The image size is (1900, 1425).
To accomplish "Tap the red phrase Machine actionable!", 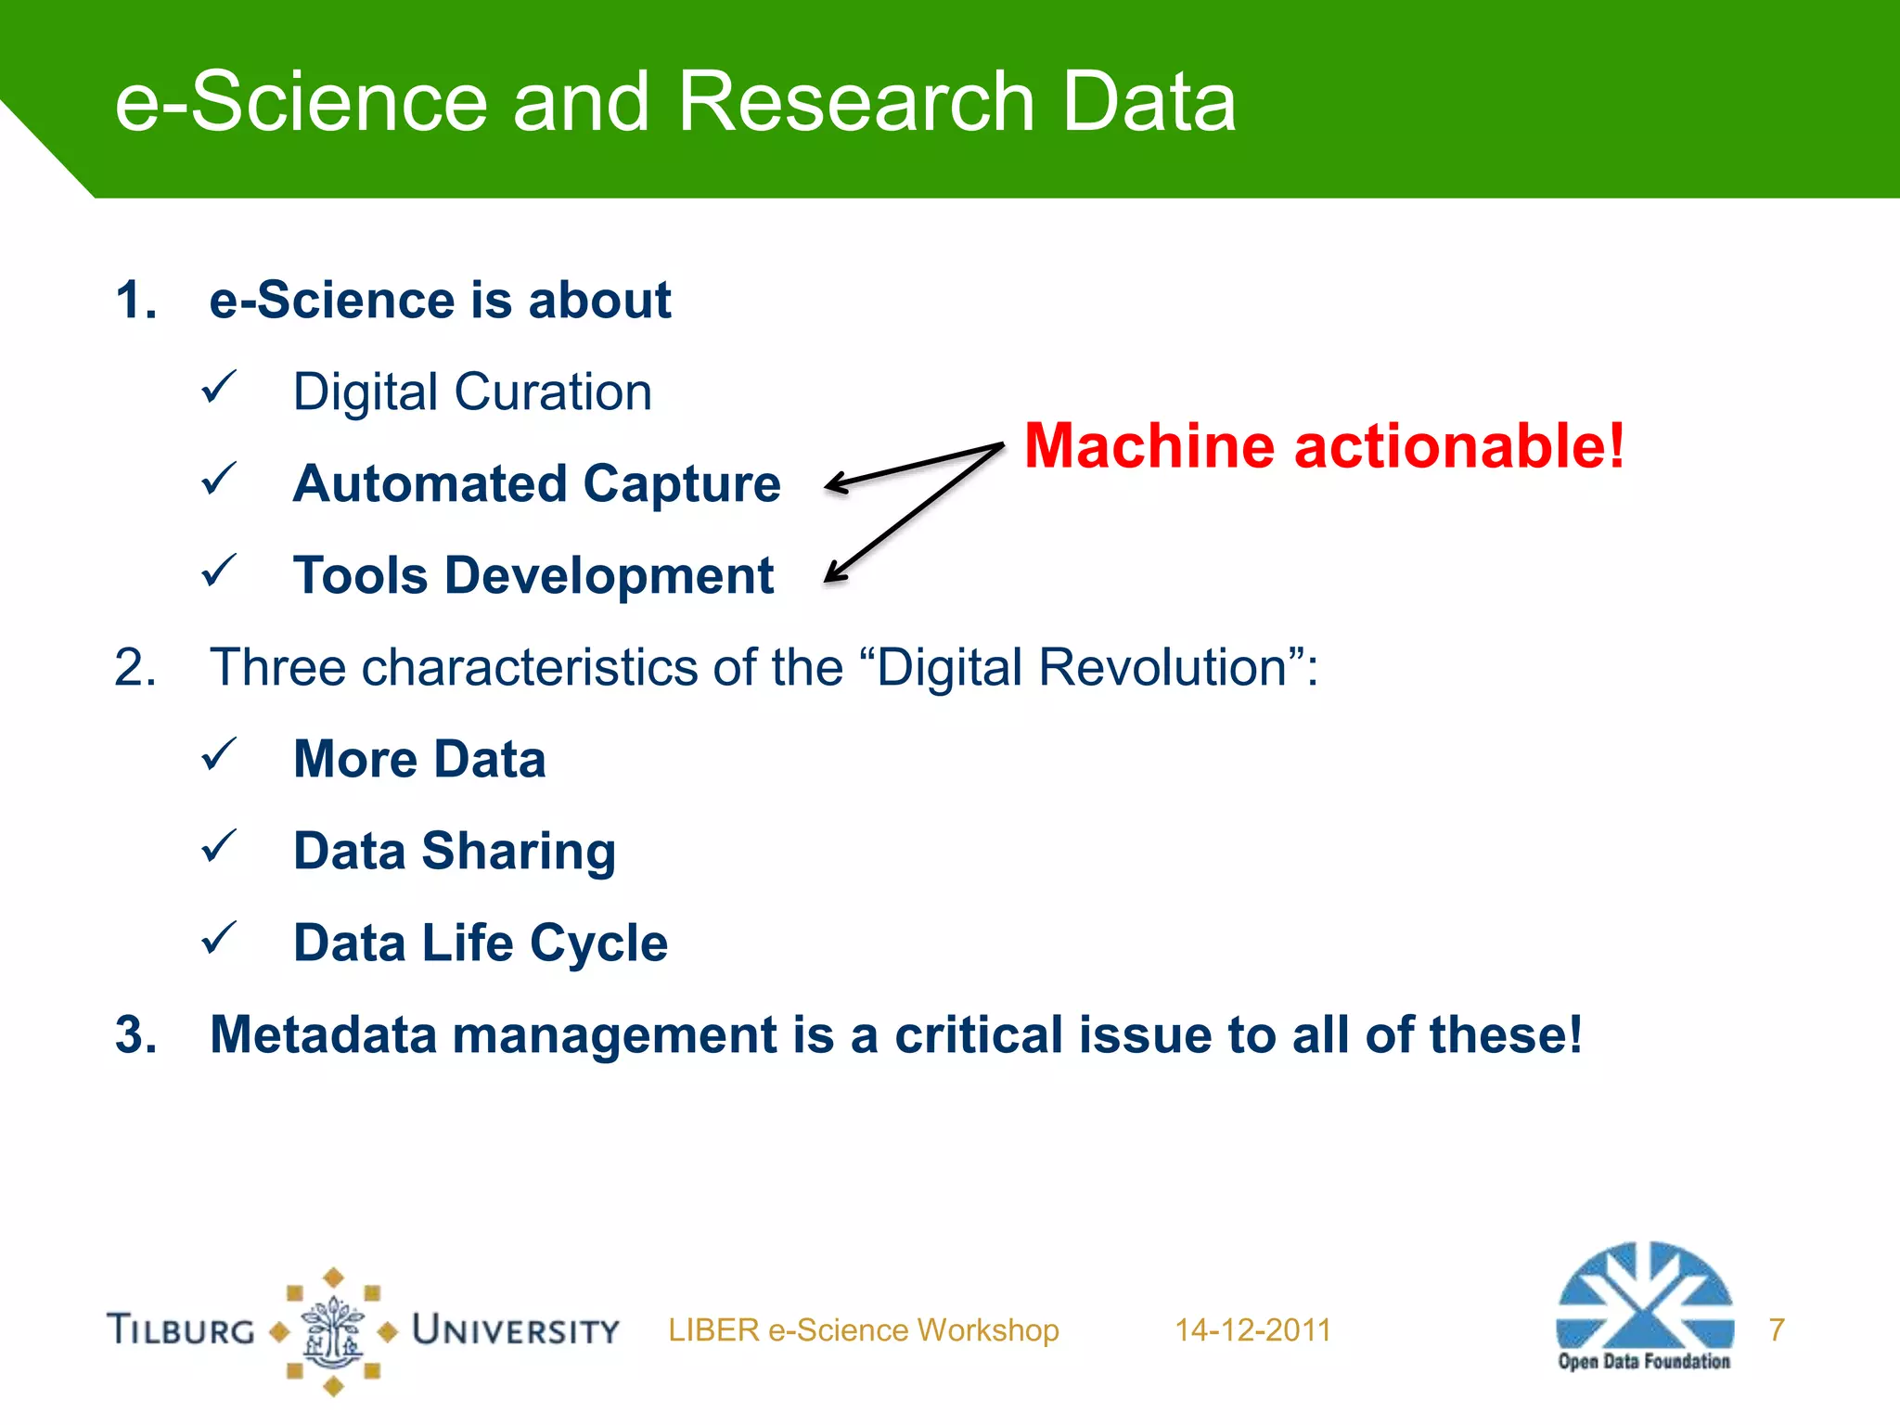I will point(1324,446).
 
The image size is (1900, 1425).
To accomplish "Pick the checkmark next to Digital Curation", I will point(219,388).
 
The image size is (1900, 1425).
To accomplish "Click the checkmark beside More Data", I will point(219,755).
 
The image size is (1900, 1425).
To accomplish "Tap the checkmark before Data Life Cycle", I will point(219,939).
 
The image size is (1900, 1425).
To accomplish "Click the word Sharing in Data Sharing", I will point(519,852).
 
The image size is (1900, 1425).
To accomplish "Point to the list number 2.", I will point(135,667).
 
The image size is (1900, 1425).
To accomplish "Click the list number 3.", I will point(135,1034).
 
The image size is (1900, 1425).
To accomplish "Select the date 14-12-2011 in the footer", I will point(1252,1330).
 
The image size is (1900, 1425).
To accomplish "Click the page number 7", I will point(1777,1330).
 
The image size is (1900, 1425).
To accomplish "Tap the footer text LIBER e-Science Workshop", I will point(863,1330).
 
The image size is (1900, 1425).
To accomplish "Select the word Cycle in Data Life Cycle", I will point(598,944).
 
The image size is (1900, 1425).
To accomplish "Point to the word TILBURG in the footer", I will point(182,1330).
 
